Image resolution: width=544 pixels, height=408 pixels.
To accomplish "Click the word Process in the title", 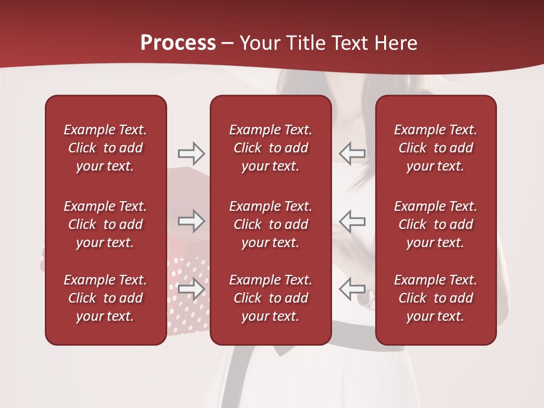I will [x=178, y=43].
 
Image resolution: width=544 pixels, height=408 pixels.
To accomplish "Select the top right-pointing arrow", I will [x=191, y=153].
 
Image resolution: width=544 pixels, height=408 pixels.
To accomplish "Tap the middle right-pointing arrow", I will [x=191, y=221].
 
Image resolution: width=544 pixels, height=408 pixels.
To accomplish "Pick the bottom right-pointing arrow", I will [x=191, y=289].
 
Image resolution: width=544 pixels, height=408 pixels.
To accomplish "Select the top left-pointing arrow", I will [x=352, y=153].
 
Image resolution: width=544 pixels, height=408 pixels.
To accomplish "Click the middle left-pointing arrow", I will [x=352, y=221].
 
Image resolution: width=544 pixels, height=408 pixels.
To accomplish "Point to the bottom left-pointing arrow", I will [x=352, y=289].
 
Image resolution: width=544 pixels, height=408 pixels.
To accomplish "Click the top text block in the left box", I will [x=105, y=148].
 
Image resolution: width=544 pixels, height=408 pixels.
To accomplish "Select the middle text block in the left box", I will [x=105, y=224].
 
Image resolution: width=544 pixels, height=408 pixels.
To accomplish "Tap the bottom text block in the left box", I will [x=105, y=298].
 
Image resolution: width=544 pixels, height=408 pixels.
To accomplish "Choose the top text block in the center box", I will [x=270, y=148].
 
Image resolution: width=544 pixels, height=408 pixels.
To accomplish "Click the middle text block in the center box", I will [x=270, y=224].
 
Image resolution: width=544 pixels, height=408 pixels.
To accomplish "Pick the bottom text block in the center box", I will [x=270, y=298].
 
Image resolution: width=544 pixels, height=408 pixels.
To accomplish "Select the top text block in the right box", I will [x=435, y=148].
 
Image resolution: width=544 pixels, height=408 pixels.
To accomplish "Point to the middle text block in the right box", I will [x=435, y=224].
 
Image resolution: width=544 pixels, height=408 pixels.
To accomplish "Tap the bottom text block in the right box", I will [x=435, y=298].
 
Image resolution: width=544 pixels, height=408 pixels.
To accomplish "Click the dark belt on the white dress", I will [x=351, y=340].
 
